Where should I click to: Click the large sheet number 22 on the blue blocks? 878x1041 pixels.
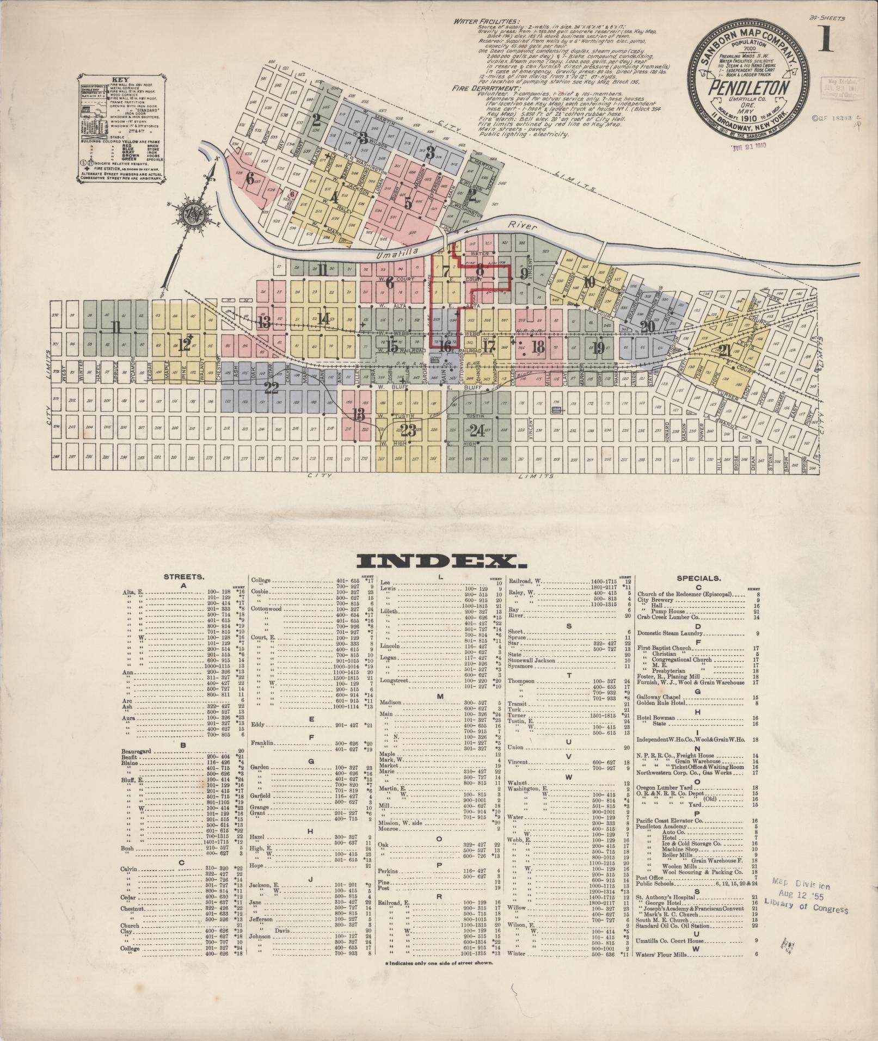click(x=271, y=388)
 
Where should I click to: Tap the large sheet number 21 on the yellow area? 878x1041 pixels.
click(x=724, y=351)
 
